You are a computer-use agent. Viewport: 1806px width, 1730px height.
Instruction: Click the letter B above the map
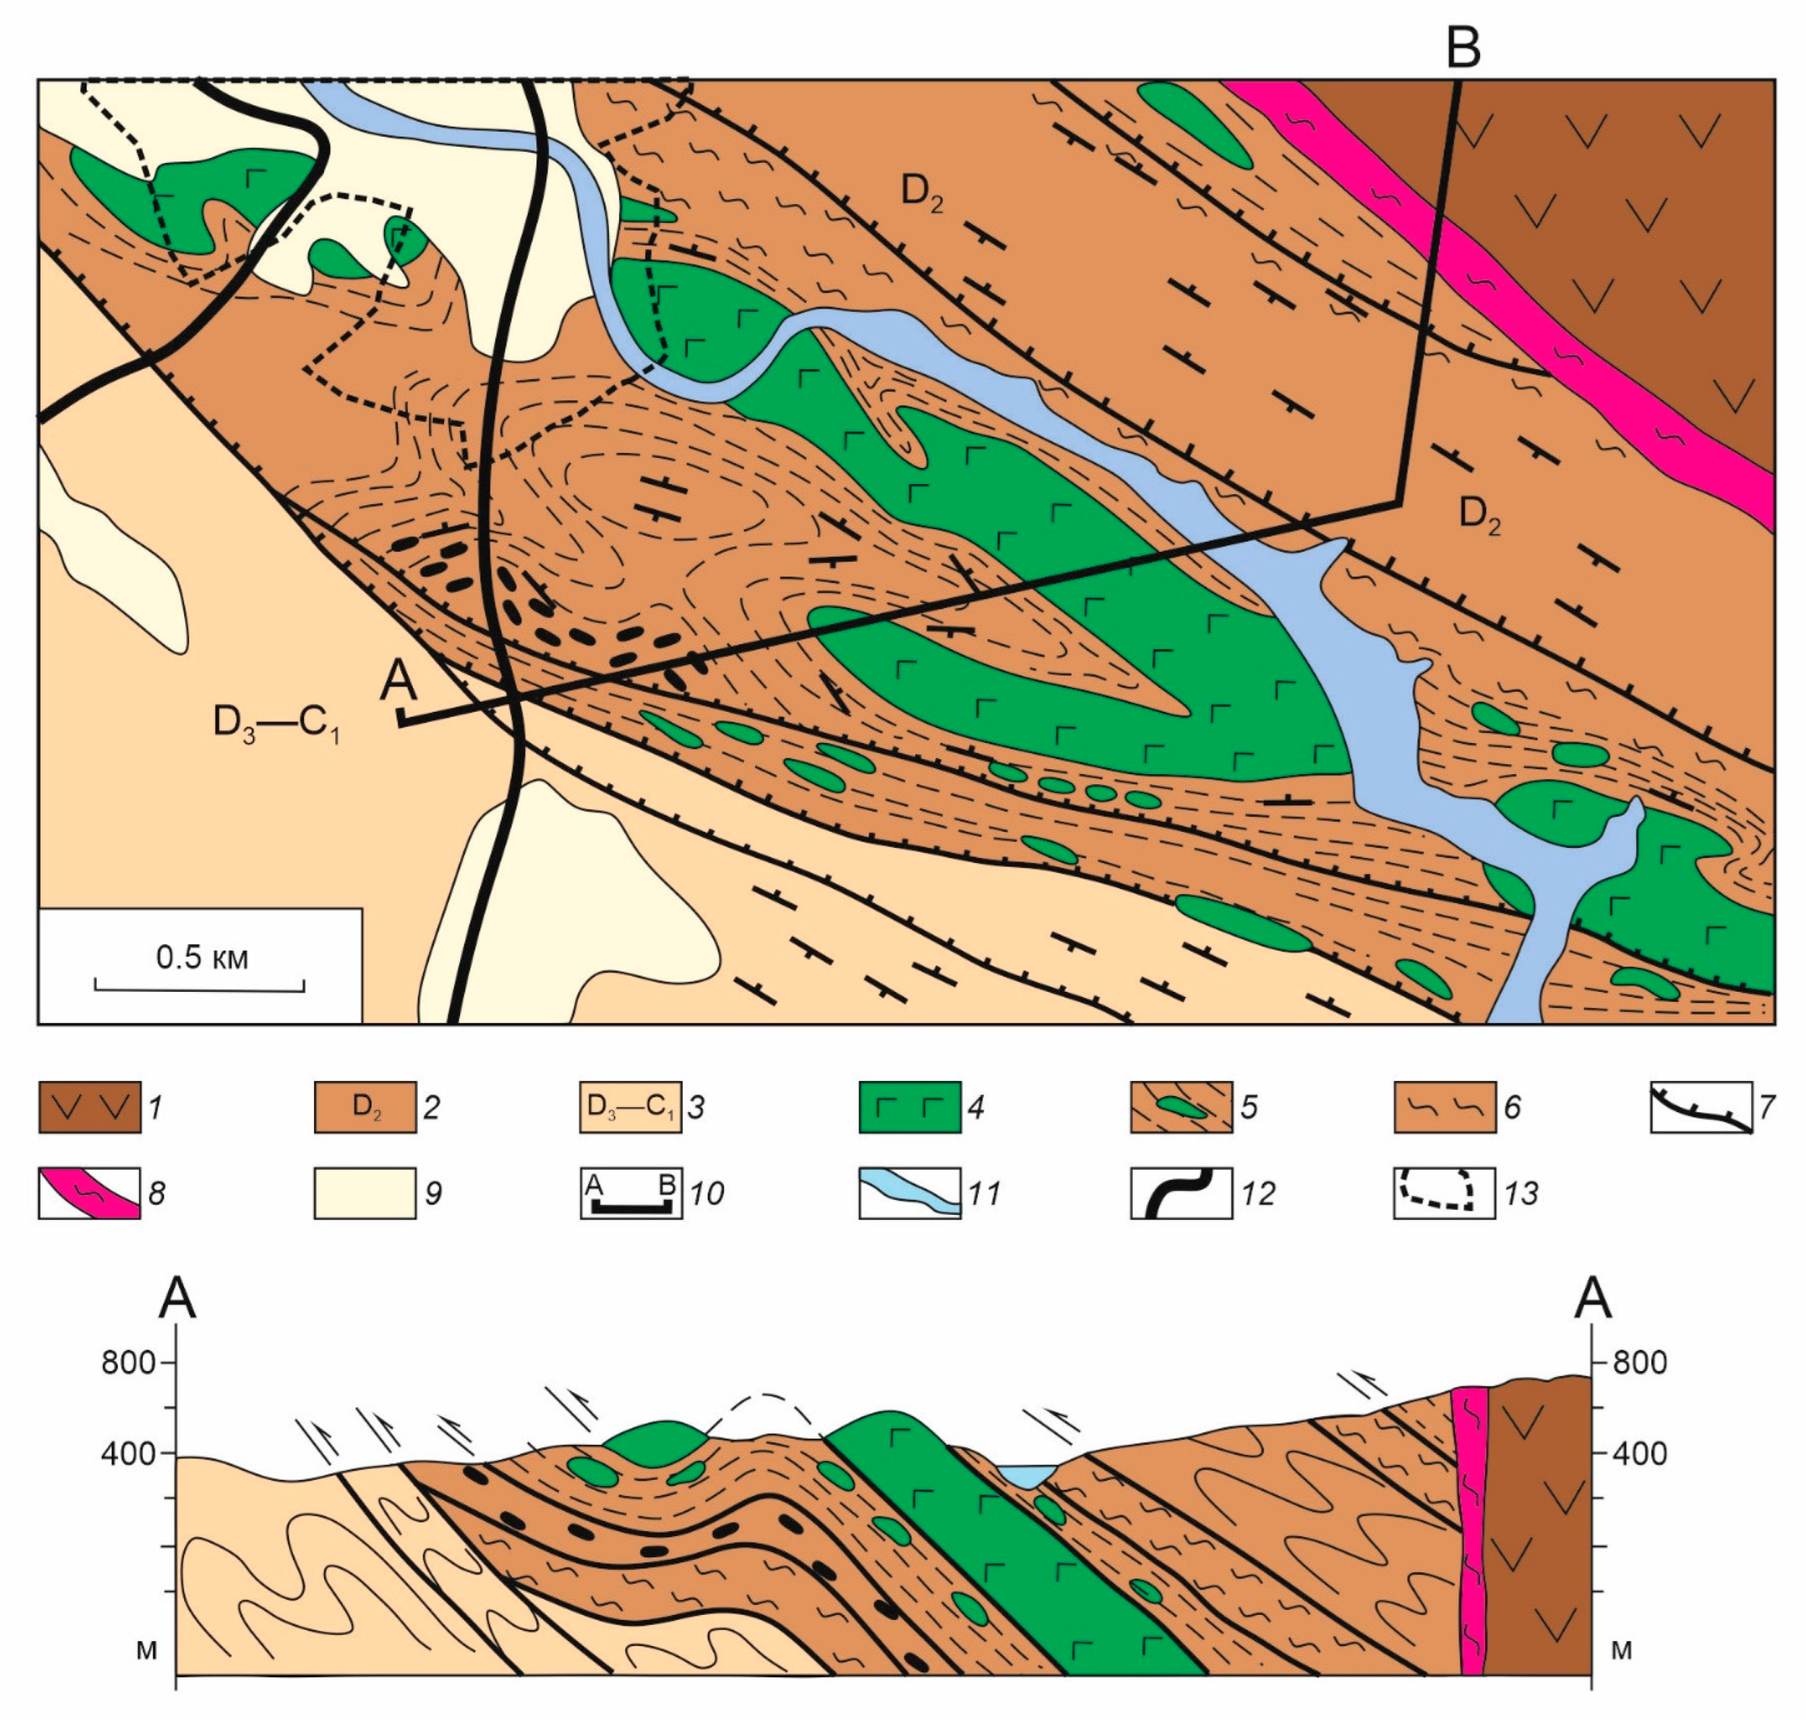coord(1463,48)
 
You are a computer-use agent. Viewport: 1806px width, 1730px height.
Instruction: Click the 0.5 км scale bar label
coord(202,958)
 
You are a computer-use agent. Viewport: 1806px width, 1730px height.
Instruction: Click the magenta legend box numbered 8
coord(89,1194)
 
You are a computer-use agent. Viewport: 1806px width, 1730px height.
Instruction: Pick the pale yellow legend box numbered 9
coord(365,1194)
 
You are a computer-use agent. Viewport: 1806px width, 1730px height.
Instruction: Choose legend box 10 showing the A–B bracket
coord(631,1194)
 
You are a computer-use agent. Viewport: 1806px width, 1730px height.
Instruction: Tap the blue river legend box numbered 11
coord(910,1194)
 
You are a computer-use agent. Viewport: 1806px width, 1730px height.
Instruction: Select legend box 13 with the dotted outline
coord(1444,1194)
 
